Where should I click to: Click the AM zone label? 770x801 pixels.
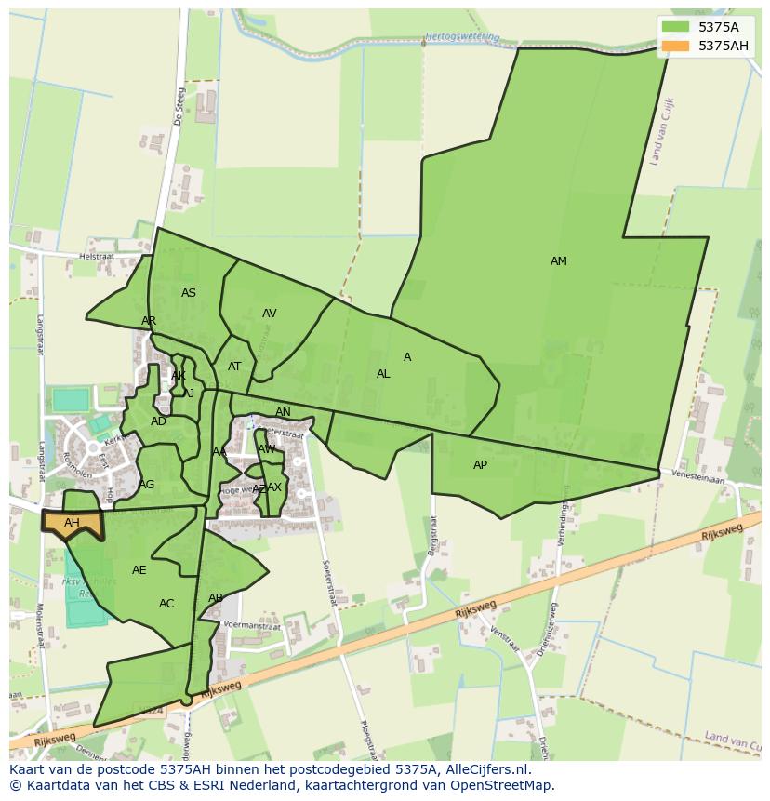coord(558,261)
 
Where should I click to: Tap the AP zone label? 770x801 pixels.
coord(480,465)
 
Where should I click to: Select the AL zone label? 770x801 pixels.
coord(383,374)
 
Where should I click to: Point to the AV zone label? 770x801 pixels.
coord(269,314)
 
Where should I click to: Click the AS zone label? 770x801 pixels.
coord(189,293)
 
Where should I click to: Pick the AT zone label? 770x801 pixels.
coord(234,367)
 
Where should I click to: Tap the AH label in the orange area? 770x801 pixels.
coord(72,523)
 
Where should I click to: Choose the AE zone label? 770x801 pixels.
coord(139,570)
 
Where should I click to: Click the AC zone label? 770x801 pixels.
coord(166,604)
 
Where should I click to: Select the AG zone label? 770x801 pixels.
coord(147,485)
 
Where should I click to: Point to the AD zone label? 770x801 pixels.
coord(159,421)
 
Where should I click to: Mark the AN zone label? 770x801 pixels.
coord(283,412)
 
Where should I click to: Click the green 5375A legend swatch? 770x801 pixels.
coord(676,27)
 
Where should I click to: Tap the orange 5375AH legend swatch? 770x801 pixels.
coord(676,46)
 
